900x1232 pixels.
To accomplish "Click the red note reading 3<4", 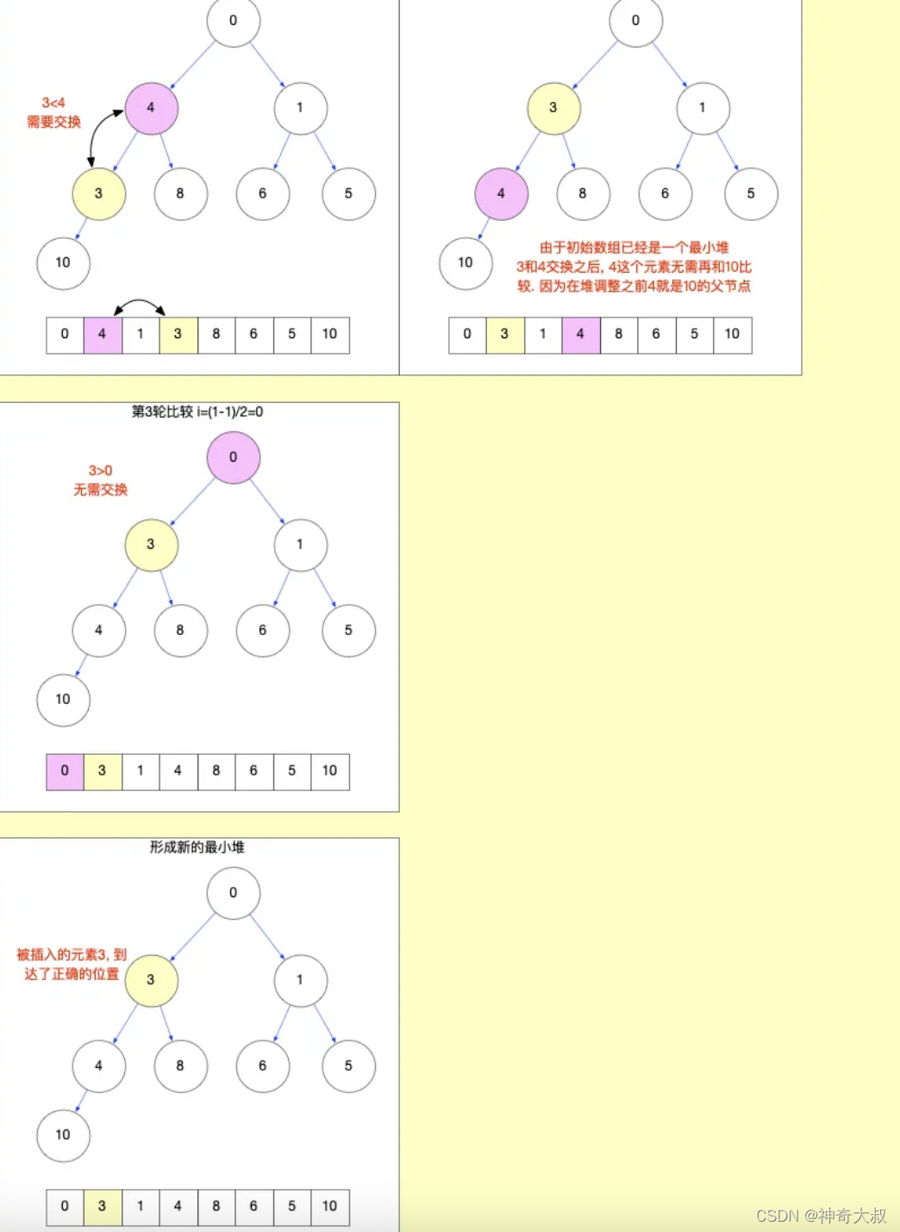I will (53, 104).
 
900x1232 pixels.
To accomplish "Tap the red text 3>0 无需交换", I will (100, 480).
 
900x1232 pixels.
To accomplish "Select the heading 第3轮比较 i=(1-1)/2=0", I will (197, 412).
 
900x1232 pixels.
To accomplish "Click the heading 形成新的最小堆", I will (197, 847).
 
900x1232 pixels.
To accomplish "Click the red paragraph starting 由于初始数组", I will (634, 267).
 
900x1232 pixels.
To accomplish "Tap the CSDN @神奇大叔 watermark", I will (821, 1216).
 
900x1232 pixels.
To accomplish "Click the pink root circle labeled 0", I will (233, 457).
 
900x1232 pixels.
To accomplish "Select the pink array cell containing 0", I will (65, 771).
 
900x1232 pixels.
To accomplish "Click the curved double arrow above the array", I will (140, 305).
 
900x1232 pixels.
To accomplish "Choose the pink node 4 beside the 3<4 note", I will (151, 108).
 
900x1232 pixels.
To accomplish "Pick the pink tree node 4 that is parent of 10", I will (501, 194).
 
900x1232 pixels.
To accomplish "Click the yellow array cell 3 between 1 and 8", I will (178, 335).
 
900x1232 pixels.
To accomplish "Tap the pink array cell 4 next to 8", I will (580, 335).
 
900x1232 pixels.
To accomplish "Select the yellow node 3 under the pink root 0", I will (151, 544).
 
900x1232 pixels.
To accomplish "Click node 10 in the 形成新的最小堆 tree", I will (63, 1135).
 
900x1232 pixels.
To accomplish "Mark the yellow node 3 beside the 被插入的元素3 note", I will (151, 980).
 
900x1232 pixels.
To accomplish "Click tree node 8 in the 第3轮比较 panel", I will (180, 631).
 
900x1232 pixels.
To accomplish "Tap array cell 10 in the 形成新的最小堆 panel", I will (329, 1207).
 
